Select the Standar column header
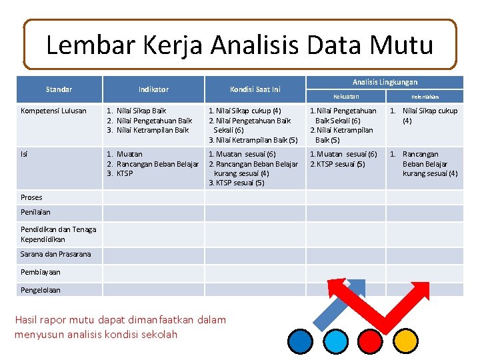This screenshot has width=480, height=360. pyautogui.click(x=59, y=89)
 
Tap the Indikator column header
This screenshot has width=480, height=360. pyautogui.click(x=153, y=89)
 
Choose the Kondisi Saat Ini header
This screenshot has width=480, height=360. pyautogui.click(x=255, y=89)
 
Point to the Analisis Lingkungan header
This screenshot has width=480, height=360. pyautogui.click(x=385, y=82)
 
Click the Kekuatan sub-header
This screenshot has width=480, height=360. pyautogui.click(x=346, y=97)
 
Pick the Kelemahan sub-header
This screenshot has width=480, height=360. pyautogui.click(x=425, y=97)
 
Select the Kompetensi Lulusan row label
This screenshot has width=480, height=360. pyautogui.click(x=53, y=111)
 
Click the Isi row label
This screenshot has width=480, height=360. pyautogui.click(x=25, y=154)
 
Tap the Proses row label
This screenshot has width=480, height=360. pyautogui.click(x=31, y=197)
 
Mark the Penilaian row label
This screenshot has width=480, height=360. pyautogui.click(x=35, y=212)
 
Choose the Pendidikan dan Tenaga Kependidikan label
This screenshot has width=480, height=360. pyautogui.click(x=58, y=234)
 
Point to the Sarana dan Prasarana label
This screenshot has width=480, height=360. pyautogui.click(x=55, y=254)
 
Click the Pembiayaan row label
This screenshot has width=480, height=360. pyautogui.click(x=40, y=272)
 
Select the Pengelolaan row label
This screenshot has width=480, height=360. pyautogui.click(x=40, y=290)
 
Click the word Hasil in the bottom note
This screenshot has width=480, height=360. pyautogui.click(x=27, y=320)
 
